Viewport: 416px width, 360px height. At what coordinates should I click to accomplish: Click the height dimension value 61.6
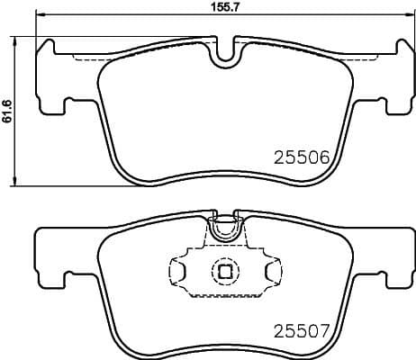[x=8, y=112]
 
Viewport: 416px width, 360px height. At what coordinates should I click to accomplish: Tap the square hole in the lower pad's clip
[x=222, y=269]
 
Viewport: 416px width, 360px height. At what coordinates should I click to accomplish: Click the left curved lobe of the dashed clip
[x=178, y=269]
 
